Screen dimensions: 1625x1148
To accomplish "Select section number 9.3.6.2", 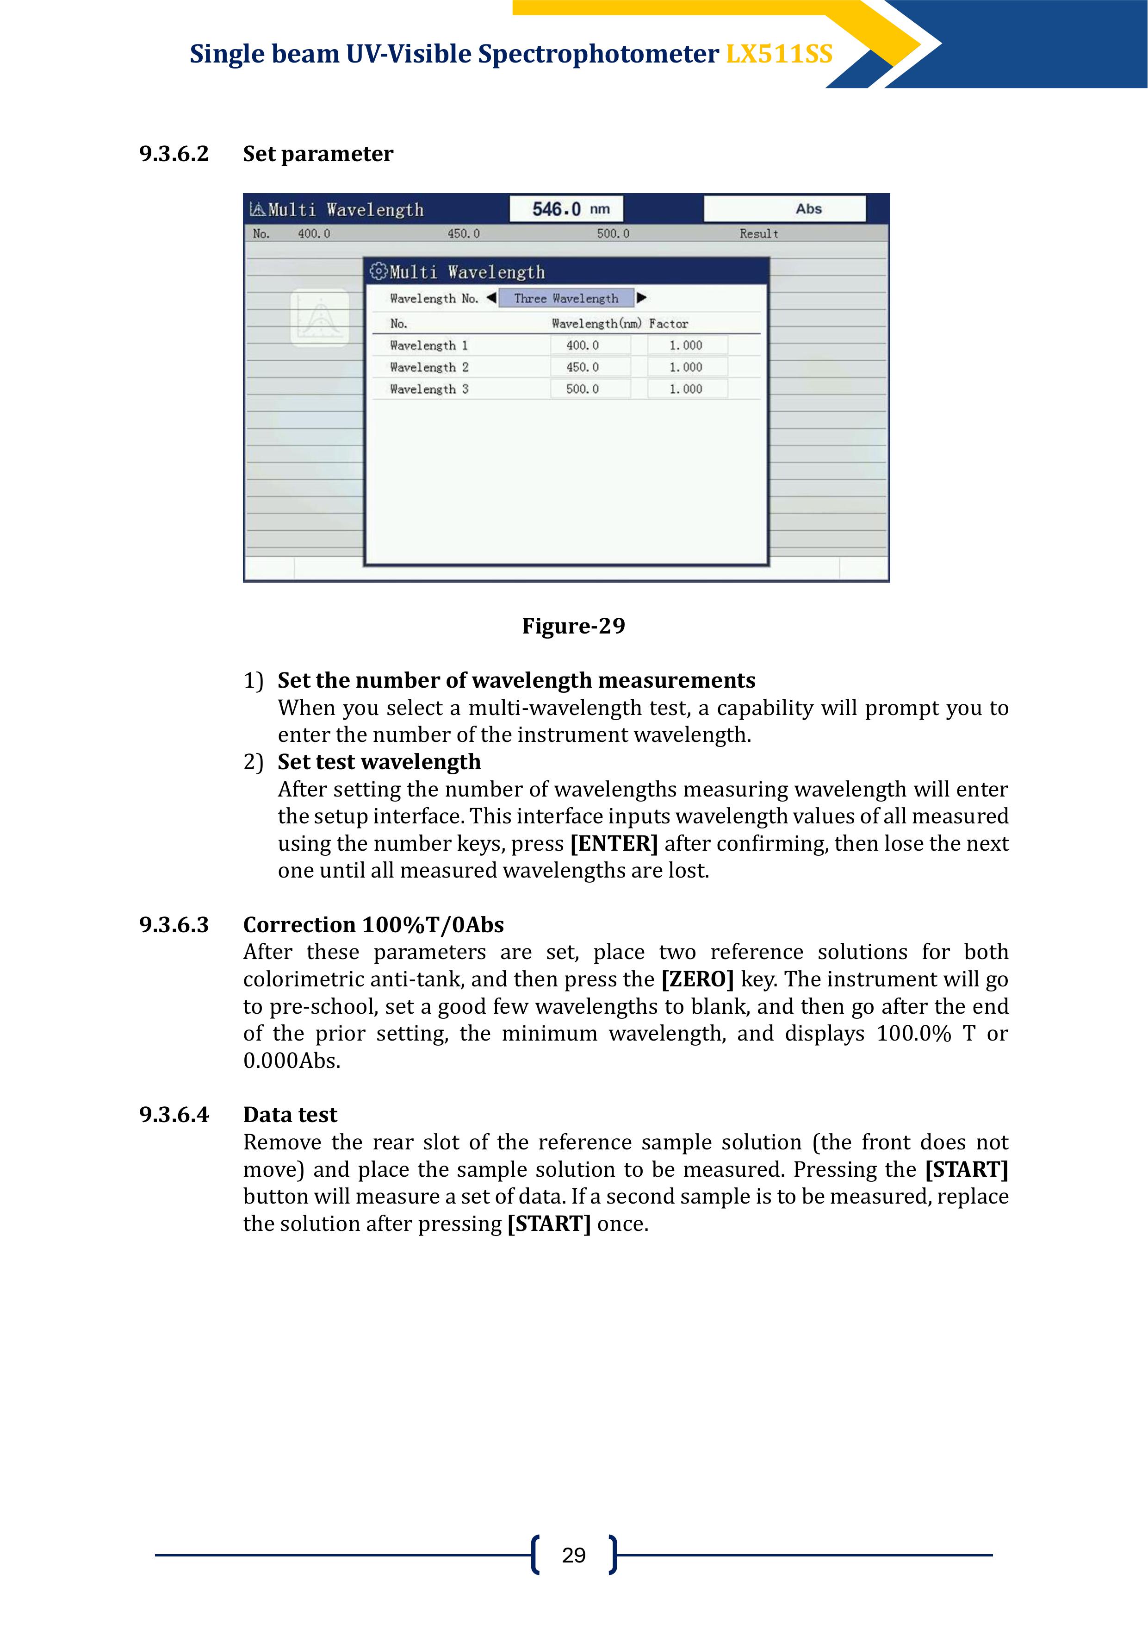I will (x=174, y=154).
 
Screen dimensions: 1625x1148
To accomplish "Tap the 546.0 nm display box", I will (x=566, y=209).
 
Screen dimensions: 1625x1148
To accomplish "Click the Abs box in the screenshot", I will (x=784, y=209).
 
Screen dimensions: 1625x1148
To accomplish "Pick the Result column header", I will (x=758, y=233).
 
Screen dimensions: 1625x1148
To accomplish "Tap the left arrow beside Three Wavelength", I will (x=491, y=298).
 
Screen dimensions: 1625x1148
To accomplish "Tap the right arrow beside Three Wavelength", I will (x=641, y=298).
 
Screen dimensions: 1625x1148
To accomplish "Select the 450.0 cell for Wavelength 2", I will (x=590, y=367).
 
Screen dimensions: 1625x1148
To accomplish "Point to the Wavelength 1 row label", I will (x=428, y=345).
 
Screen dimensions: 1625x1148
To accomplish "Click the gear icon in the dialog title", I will (x=379, y=272).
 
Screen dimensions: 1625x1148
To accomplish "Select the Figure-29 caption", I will (x=573, y=626).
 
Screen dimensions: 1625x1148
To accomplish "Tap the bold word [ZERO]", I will (x=697, y=979).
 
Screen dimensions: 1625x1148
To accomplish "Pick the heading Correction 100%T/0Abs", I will (x=373, y=924).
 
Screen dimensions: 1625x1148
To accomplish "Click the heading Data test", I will (x=290, y=1115).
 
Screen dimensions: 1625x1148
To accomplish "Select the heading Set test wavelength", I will (x=379, y=761).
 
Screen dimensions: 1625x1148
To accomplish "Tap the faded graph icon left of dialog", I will (x=320, y=318).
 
